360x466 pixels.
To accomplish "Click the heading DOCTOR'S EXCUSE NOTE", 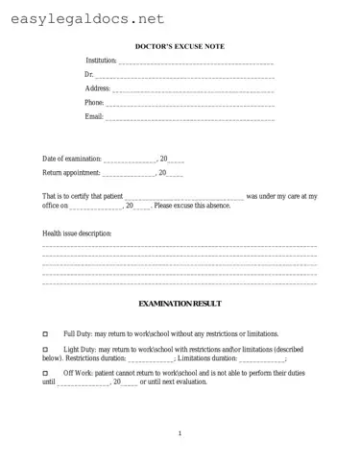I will click(x=180, y=45).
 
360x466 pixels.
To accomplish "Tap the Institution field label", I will click(x=100, y=61).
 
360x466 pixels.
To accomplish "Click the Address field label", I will click(x=98, y=87).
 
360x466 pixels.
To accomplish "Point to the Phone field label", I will click(x=94, y=102).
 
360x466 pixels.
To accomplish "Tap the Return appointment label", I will click(x=70, y=172).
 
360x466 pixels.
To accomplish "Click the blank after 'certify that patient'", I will click(x=184, y=197).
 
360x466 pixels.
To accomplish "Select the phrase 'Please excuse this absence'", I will click(x=192, y=206).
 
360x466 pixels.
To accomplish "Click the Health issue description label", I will click(x=77, y=233).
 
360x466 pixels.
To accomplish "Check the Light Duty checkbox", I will click(x=45, y=348).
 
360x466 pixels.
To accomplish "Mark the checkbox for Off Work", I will click(x=45, y=372).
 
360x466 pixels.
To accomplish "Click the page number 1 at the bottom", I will click(x=180, y=434).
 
